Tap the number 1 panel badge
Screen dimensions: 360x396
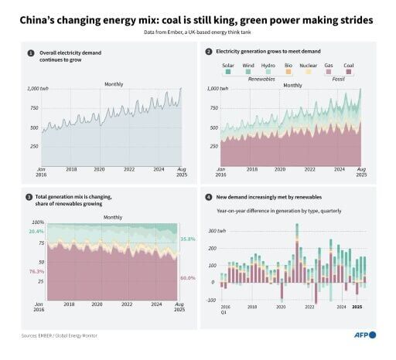(x=31, y=54)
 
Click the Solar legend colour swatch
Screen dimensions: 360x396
(x=228, y=72)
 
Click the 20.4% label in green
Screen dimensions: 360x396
(x=36, y=231)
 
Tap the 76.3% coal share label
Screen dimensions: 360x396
(x=36, y=272)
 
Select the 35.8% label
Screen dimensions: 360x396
(x=187, y=239)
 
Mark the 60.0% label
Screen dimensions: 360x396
(x=187, y=277)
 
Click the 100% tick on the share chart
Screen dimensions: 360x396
(x=37, y=222)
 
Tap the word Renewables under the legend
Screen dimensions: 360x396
(x=261, y=78)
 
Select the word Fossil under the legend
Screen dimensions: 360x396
(x=337, y=78)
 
